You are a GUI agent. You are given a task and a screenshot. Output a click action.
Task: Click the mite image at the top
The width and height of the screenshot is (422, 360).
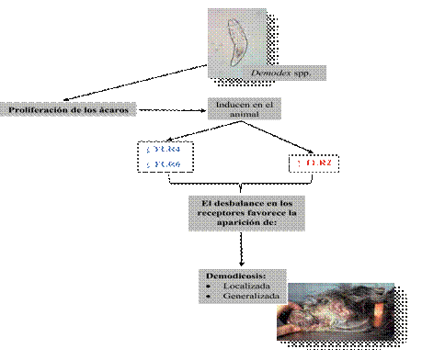(238, 38)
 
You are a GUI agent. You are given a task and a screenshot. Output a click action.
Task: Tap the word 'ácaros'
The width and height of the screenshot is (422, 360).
(115, 109)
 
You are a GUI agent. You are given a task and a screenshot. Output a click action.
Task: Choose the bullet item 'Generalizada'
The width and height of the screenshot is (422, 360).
(245, 296)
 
